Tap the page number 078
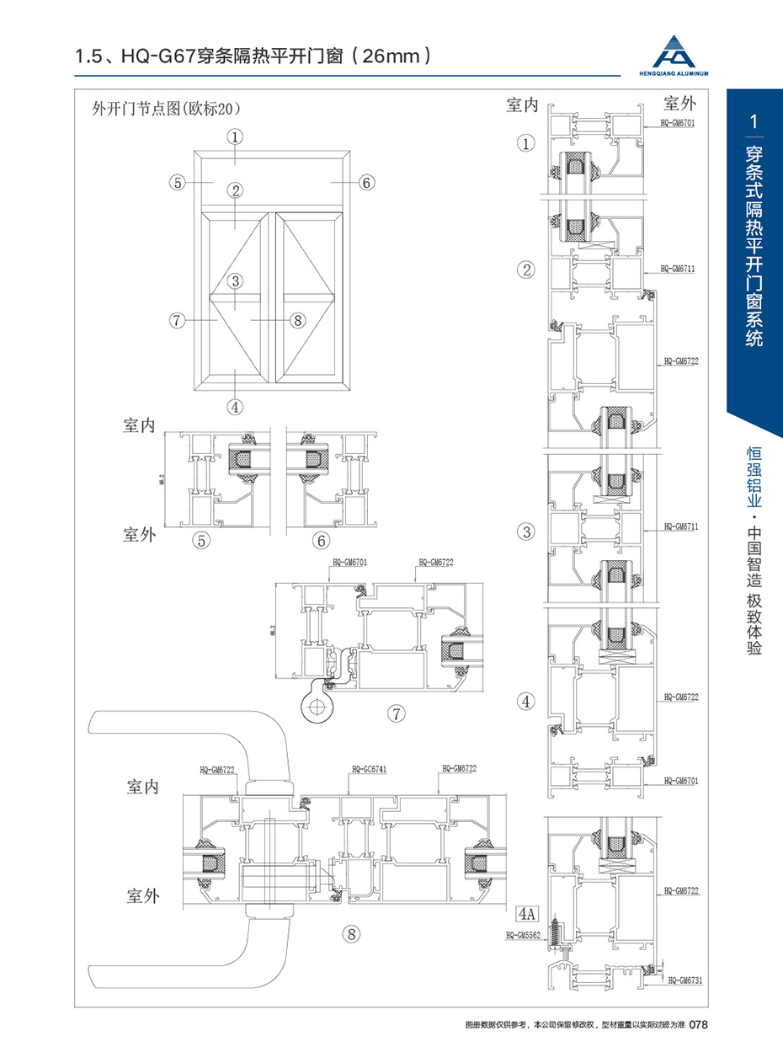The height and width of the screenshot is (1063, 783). (x=702, y=1025)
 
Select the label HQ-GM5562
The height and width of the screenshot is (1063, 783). (x=522, y=935)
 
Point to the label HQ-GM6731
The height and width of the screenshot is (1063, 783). (x=684, y=980)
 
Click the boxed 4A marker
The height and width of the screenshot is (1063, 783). (x=527, y=912)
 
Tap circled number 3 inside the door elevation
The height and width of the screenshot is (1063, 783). (x=235, y=281)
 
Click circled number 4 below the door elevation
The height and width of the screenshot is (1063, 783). (x=235, y=406)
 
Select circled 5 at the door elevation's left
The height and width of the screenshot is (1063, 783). (x=176, y=182)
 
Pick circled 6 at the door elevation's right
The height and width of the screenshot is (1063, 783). (x=366, y=182)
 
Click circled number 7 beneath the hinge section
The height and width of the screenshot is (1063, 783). (x=396, y=713)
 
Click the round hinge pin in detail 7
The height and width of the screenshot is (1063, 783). (x=317, y=704)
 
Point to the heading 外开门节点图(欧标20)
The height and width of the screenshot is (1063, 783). (x=166, y=108)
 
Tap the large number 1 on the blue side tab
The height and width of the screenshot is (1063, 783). (x=754, y=121)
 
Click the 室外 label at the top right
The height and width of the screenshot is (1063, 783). (x=680, y=104)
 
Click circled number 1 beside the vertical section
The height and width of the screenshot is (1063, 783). (x=527, y=144)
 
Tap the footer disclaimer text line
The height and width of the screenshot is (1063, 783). (x=575, y=1025)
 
